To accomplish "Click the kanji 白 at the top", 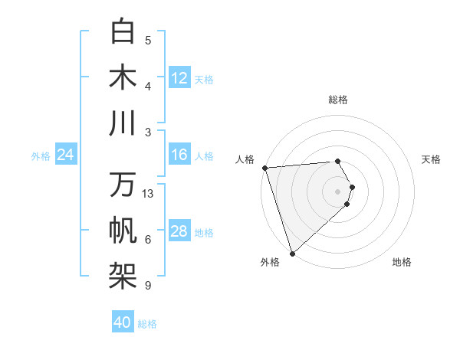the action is pyautogui.click(x=123, y=33).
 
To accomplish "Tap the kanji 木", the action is pyautogui.click(x=123, y=78).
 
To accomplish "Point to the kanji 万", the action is pyautogui.click(x=123, y=186).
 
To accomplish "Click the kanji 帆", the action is pyautogui.click(x=123, y=231).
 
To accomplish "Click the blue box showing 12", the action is pyautogui.click(x=179, y=78).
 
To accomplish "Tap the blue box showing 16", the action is pyautogui.click(x=179, y=155).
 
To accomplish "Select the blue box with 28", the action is pyautogui.click(x=179, y=232).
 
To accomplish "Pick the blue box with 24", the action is pyautogui.click(x=66, y=155).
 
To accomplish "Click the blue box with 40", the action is pyautogui.click(x=123, y=323).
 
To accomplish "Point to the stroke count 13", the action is pyautogui.click(x=149, y=194).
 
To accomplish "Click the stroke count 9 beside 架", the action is pyautogui.click(x=148, y=286).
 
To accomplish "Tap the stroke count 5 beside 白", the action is pyautogui.click(x=148, y=41).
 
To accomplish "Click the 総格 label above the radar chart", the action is pyautogui.click(x=338, y=100).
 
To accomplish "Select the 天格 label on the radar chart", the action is pyautogui.click(x=432, y=159).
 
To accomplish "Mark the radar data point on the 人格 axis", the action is pyautogui.click(x=264, y=168).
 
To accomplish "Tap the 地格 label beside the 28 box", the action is pyautogui.click(x=205, y=233).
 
